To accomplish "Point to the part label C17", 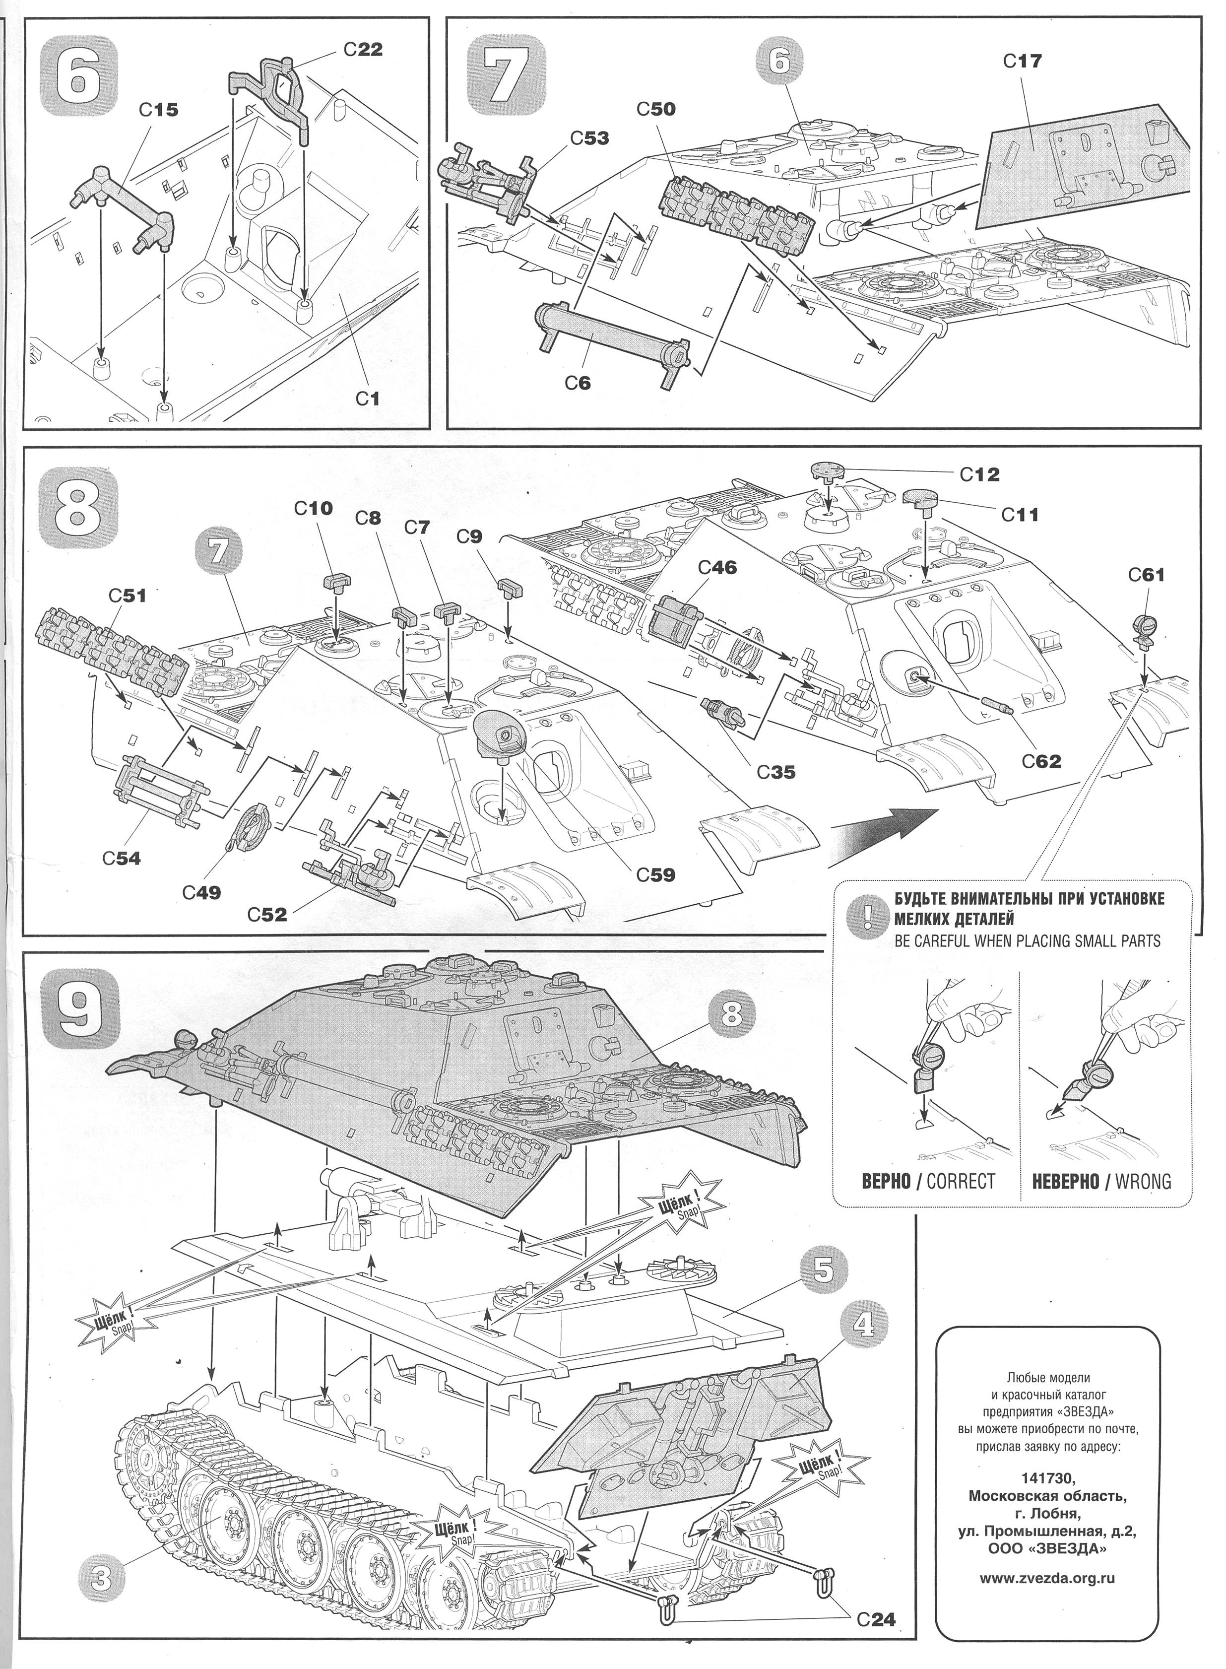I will coord(1022,61).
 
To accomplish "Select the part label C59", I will coord(655,875).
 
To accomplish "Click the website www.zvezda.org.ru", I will coord(1046,1573).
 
